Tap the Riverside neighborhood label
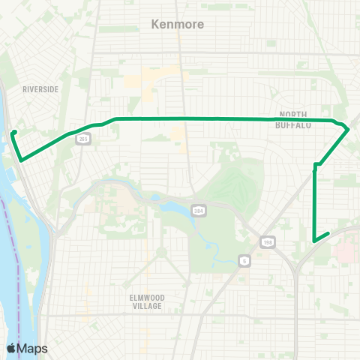(x=40, y=89)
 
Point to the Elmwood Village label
(x=146, y=301)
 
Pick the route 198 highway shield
(x=267, y=241)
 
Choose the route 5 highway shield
(x=244, y=260)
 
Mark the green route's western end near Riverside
(x=14, y=133)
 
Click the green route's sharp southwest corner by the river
(x=21, y=160)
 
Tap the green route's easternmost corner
(x=349, y=130)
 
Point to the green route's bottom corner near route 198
(x=313, y=241)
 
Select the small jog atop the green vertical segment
(x=316, y=165)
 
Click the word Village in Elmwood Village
(x=146, y=306)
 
